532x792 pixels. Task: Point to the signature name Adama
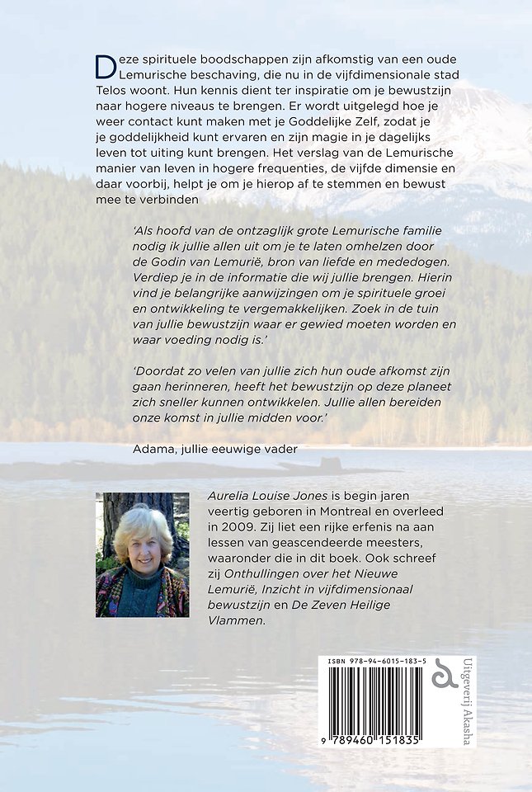154,449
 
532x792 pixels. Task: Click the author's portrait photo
142,554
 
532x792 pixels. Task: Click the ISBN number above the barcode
376,662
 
